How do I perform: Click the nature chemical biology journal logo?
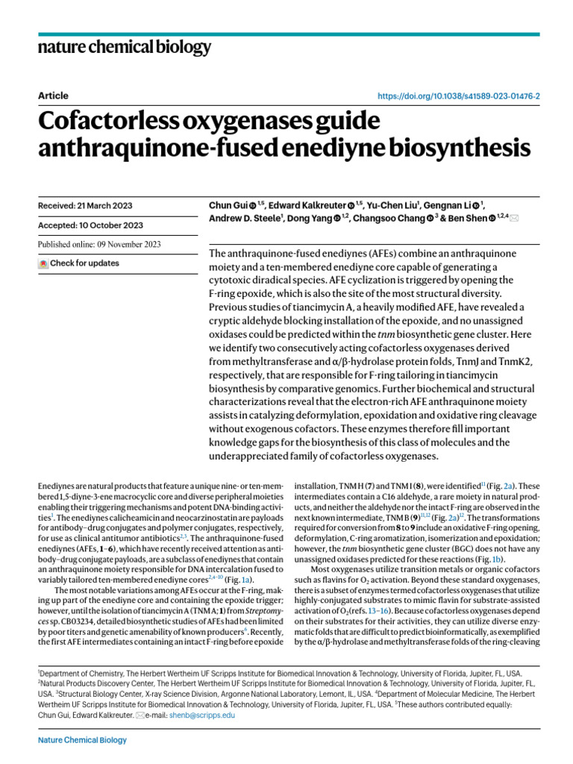[x=124, y=48]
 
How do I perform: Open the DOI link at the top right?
[x=459, y=96]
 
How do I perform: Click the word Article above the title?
[x=52, y=95]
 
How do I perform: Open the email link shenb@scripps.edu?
[x=212, y=714]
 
